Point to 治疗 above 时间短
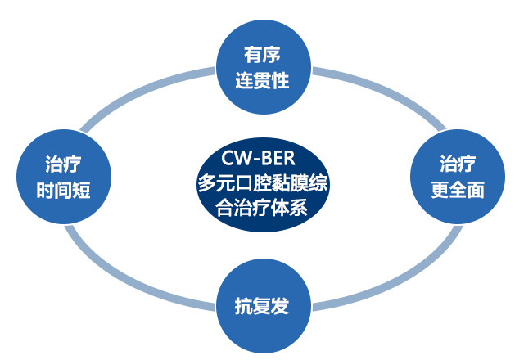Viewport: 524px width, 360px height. point(63,164)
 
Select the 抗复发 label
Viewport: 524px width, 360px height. point(262,308)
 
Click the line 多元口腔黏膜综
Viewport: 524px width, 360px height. point(263,182)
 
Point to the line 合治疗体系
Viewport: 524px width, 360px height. point(263,206)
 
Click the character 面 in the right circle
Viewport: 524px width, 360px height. point(475,190)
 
